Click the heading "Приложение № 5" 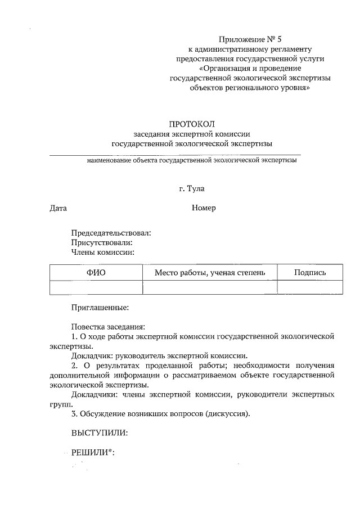pos(250,39)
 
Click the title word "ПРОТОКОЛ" pos(192,124)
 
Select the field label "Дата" pos(58,208)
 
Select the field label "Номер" pos(204,208)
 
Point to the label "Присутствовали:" pos(102,242)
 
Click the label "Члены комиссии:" pos(102,253)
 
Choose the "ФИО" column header pos(96,273)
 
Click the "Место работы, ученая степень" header pos(210,273)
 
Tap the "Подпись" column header pos(310,273)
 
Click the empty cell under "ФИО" pos(96,287)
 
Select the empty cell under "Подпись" pos(310,287)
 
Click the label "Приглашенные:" pos(100,308)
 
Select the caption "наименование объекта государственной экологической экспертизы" pos(192,160)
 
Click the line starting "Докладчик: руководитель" pos(159,355)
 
